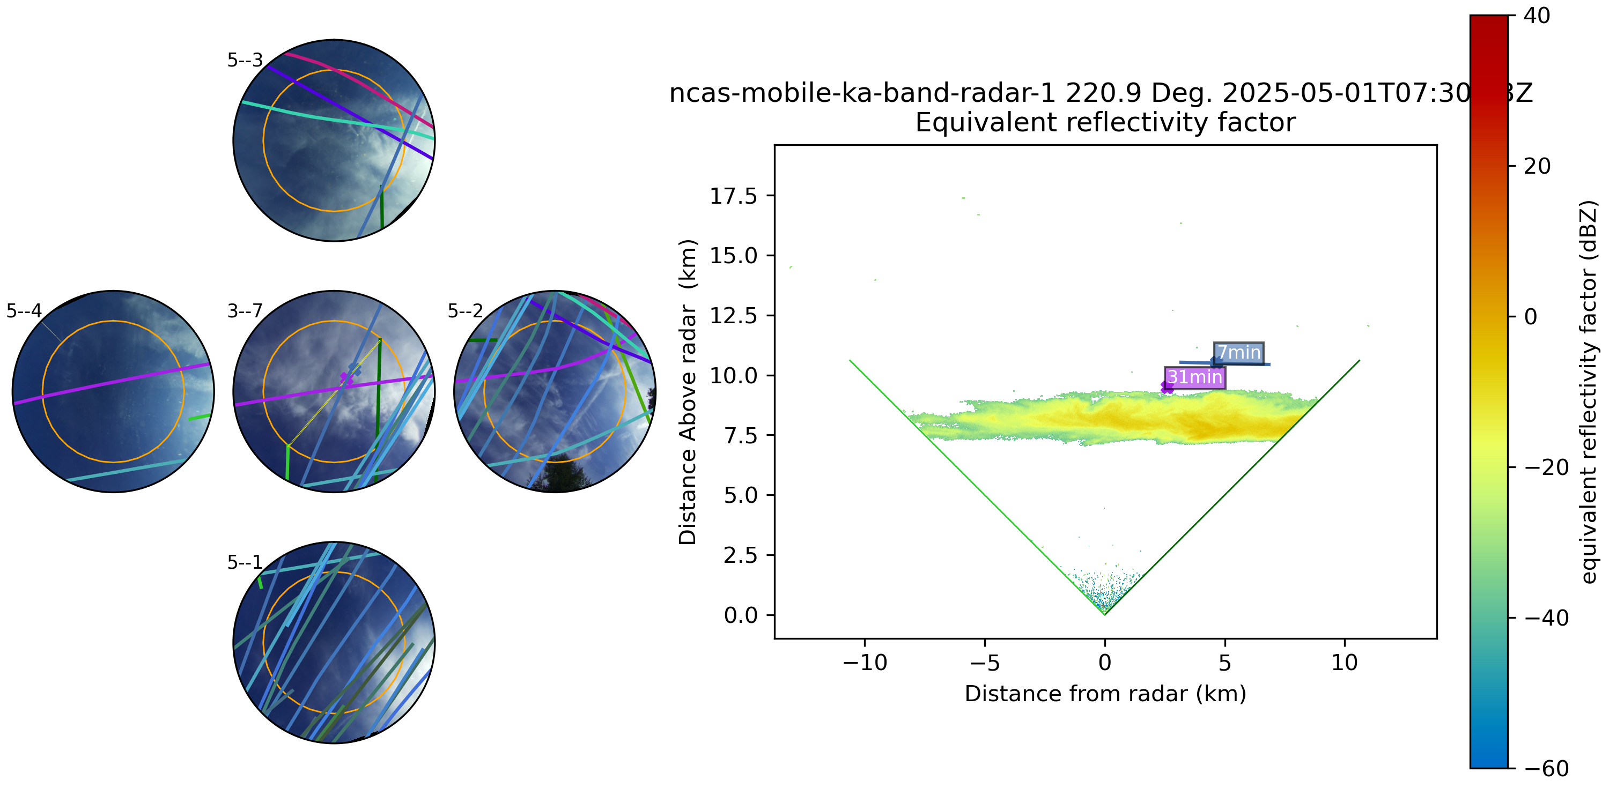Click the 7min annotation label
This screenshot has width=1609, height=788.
tap(1238, 353)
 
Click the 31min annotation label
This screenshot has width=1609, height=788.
tap(1194, 378)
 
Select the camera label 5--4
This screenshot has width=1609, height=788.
tap(24, 311)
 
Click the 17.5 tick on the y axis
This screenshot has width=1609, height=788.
tap(733, 196)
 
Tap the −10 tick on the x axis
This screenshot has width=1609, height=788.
tap(865, 663)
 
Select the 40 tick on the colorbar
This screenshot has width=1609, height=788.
tap(1537, 16)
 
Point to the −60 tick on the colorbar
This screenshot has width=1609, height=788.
tap(1545, 768)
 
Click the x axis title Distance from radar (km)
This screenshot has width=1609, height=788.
tap(1105, 694)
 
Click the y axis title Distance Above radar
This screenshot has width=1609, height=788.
tap(687, 392)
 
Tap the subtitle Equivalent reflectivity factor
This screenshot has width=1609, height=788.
tap(1105, 122)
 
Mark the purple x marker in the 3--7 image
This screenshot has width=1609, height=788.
tap(345, 378)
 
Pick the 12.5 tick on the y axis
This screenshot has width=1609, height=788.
tap(733, 316)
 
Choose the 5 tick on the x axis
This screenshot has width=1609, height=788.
tap(1224, 663)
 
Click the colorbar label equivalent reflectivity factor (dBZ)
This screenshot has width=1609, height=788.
tap(1589, 392)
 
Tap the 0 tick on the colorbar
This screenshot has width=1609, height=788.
tap(1531, 317)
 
